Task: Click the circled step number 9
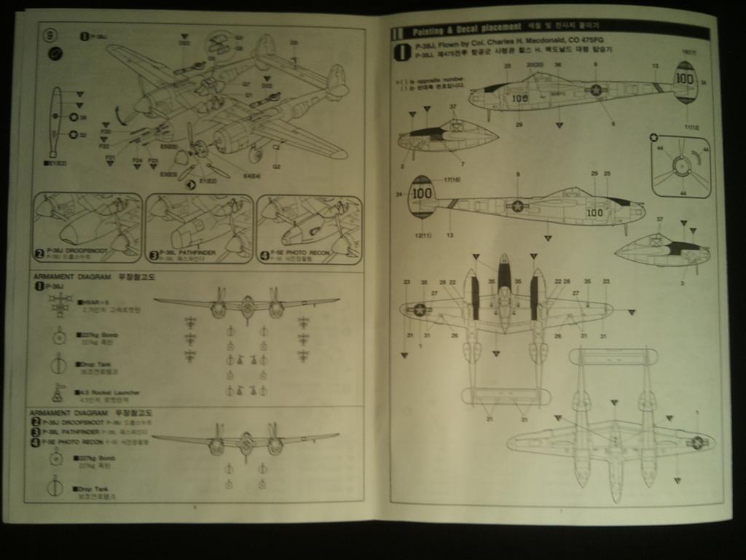click(50, 35)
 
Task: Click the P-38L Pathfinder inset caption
click(180, 254)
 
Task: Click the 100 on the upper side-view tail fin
click(684, 78)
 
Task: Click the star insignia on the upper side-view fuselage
click(596, 90)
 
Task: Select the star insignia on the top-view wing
click(420, 310)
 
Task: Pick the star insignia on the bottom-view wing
click(697, 441)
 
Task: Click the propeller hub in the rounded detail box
click(681, 166)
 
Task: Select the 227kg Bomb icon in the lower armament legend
click(55, 459)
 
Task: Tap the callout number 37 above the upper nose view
click(452, 107)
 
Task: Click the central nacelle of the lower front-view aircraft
click(247, 443)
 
